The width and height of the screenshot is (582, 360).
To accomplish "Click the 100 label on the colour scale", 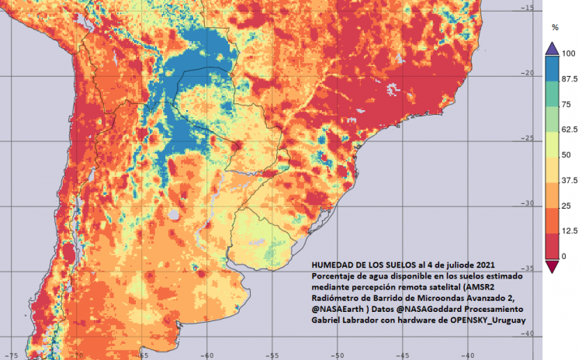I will pyautogui.click(x=568, y=54).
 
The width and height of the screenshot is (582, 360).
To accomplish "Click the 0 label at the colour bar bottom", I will pyautogui.click(x=563, y=256).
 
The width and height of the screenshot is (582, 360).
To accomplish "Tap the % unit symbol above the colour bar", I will pyautogui.click(x=555, y=27).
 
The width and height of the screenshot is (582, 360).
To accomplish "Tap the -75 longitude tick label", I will pyautogui.click(x=13, y=355).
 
